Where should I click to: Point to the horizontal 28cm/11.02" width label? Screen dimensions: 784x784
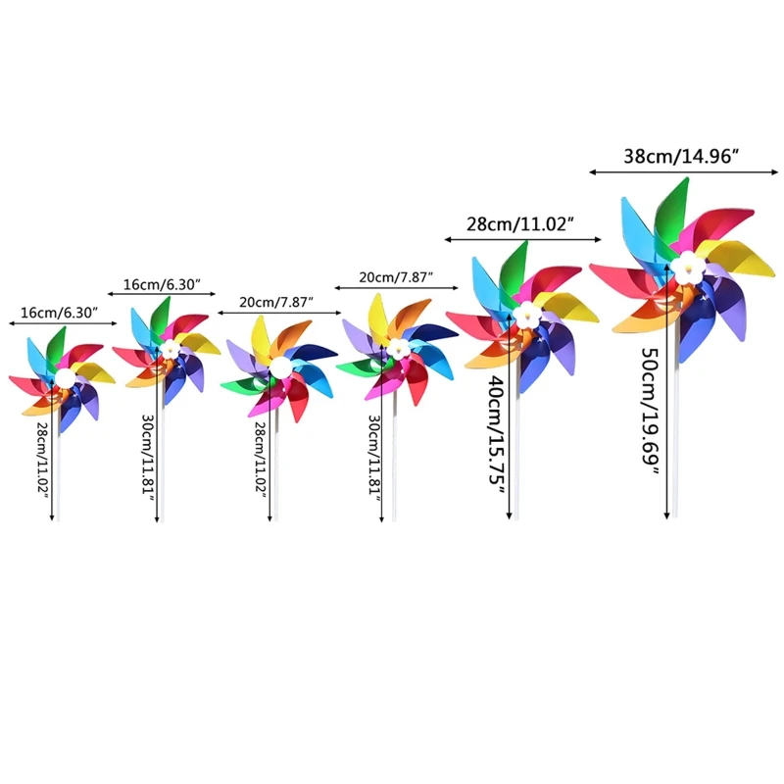(520, 223)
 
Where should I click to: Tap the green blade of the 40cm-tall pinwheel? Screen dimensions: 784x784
(514, 267)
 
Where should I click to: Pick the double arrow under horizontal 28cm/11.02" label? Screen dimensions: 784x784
(520, 239)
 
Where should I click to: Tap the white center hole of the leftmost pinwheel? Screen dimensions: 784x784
(64, 380)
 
